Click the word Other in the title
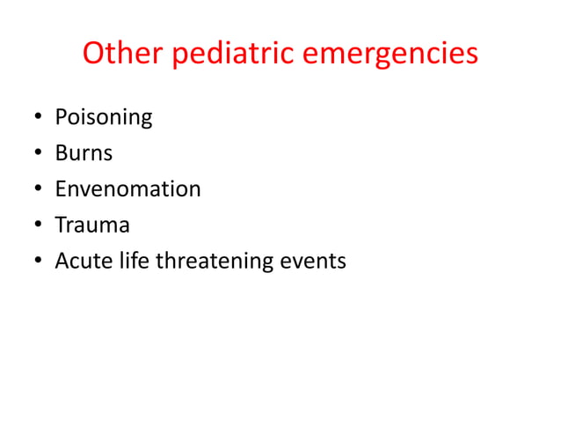point(122,54)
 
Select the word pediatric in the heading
point(233,55)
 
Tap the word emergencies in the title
point(390,55)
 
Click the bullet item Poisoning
point(103,117)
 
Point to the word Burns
point(84,153)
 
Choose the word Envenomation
point(127,188)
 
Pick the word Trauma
point(92,225)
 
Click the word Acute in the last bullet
point(77,261)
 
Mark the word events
point(313,262)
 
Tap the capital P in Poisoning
point(61,117)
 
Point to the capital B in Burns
point(61,153)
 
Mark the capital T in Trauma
point(61,225)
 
